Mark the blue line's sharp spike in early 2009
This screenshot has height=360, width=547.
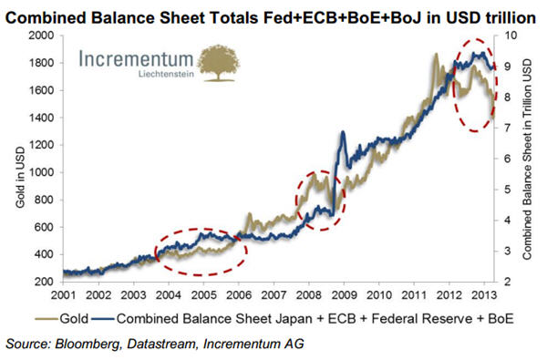[342, 134]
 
